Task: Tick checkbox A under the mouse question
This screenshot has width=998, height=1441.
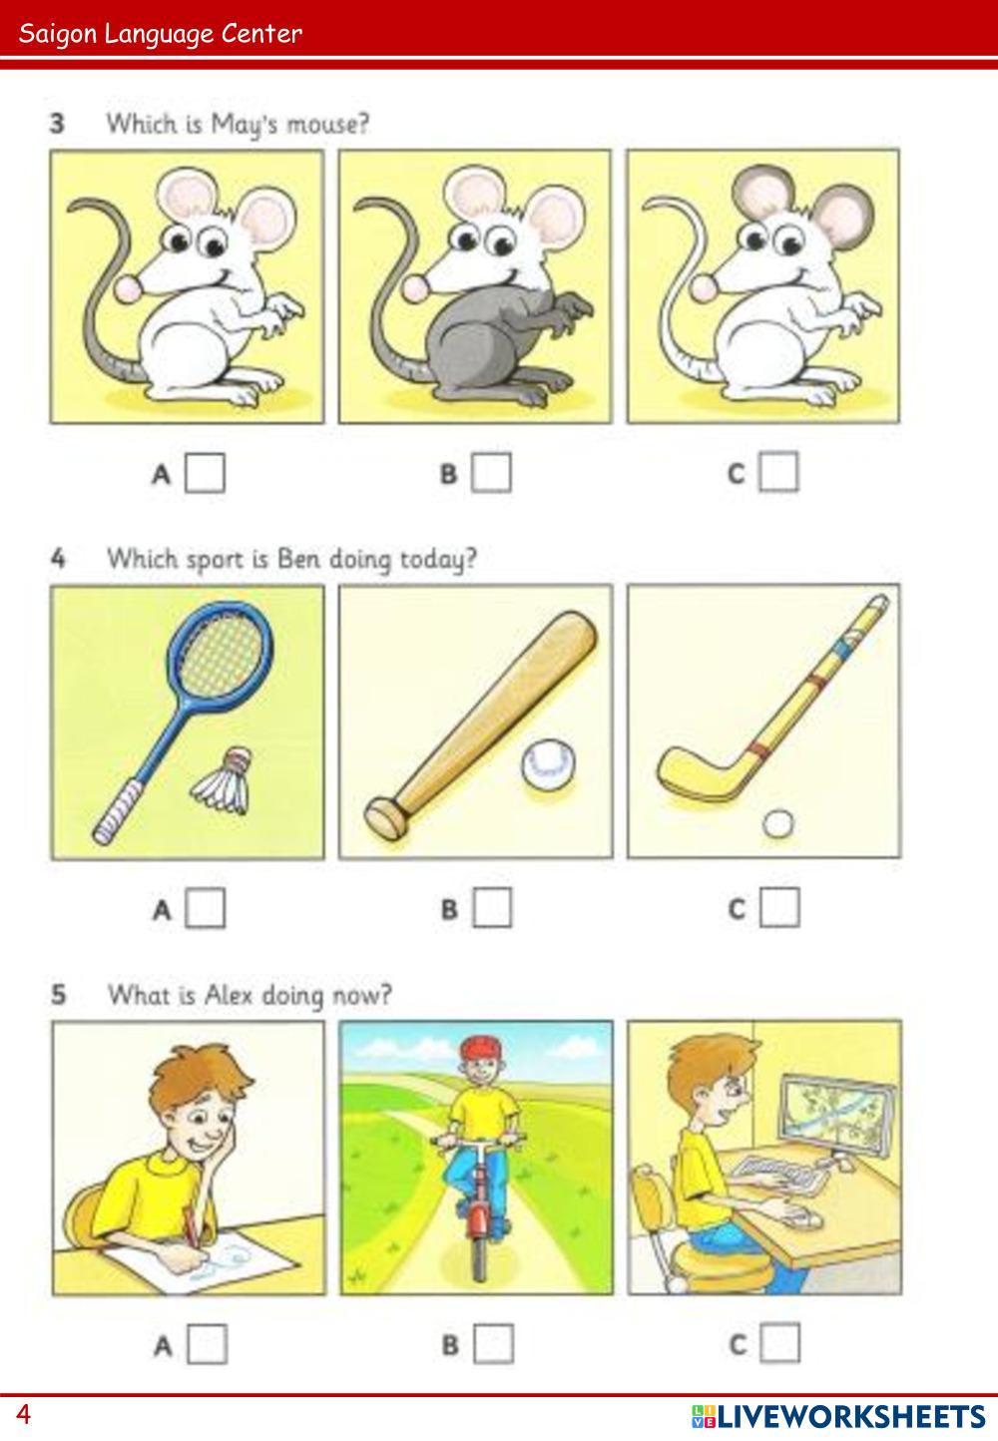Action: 205,473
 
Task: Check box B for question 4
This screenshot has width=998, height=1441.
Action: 492,908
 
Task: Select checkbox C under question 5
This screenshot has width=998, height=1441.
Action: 779,1343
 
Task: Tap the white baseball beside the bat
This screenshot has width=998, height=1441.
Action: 548,764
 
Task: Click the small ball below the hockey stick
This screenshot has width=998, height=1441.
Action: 777,824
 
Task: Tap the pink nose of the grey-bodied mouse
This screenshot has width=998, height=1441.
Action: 414,287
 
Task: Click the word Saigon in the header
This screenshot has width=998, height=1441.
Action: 57,34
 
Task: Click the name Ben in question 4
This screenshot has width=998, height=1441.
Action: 298,558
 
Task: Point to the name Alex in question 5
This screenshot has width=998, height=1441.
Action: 229,995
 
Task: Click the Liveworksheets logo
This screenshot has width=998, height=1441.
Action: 838,1417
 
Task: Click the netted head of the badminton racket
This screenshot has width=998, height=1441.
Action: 221,654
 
